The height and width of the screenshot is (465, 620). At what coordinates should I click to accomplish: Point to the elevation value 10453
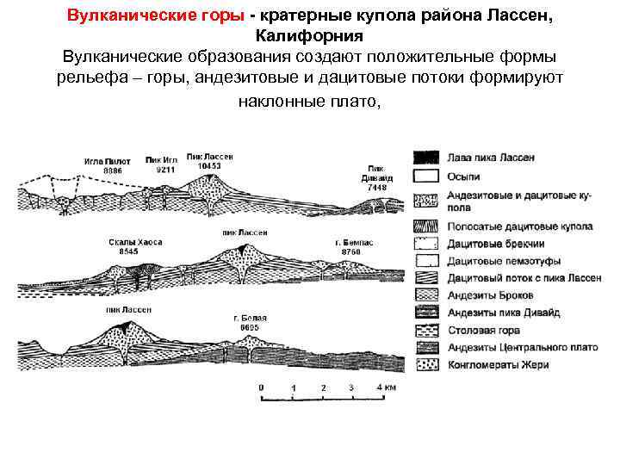tap(209, 166)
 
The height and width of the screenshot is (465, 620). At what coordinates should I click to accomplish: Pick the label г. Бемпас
tap(350, 243)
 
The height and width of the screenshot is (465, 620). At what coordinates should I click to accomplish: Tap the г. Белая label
tap(248, 319)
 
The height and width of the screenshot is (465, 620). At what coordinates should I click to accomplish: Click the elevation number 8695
tap(249, 327)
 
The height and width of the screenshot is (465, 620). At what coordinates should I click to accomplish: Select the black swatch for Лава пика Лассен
tap(425, 158)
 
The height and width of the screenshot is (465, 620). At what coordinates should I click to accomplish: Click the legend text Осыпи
tap(462, 177)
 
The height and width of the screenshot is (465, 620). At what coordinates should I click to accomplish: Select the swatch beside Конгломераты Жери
tap(425, 364)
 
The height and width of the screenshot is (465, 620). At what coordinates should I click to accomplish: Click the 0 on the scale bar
tap(261, 387)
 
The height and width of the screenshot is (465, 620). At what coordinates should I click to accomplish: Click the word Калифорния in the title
tap(310, 37)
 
